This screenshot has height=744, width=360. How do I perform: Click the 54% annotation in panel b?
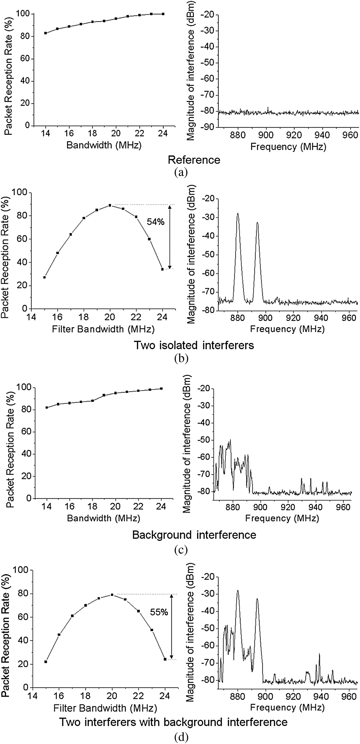pos(155,222)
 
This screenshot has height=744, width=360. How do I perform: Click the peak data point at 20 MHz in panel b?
pos(110,205)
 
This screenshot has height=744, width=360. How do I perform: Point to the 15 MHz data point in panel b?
pos(44,277)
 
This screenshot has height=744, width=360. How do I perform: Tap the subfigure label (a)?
pos(181,173)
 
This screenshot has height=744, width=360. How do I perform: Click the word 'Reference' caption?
pos(194,160)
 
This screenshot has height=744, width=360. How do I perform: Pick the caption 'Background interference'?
pos(194,535)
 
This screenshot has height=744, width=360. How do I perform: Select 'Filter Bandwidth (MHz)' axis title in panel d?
pos(105,708)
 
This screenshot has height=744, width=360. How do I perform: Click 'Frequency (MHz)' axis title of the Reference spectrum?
pos(288,147)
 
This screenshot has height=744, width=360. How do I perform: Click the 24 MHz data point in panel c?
pos(161,388)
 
